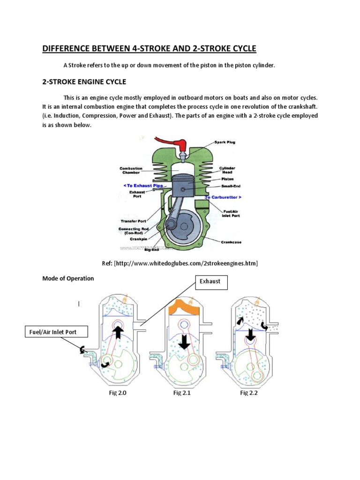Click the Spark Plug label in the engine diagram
pyautogui.click(x=225, y=142)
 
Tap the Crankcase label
pyautogui.click(x=231, y=242)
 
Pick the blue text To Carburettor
pyautogui.click(x=223, y=198)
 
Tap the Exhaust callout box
pyautogui.click(x=211, y=282)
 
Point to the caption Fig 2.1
pyautogui.click(x=182, y=393)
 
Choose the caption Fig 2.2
pyautogui.click(x=249, y=393)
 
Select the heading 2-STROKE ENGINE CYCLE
pyautogui.click(x=84, y=82)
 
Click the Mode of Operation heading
pyautogui.click(x=68, y=278)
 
